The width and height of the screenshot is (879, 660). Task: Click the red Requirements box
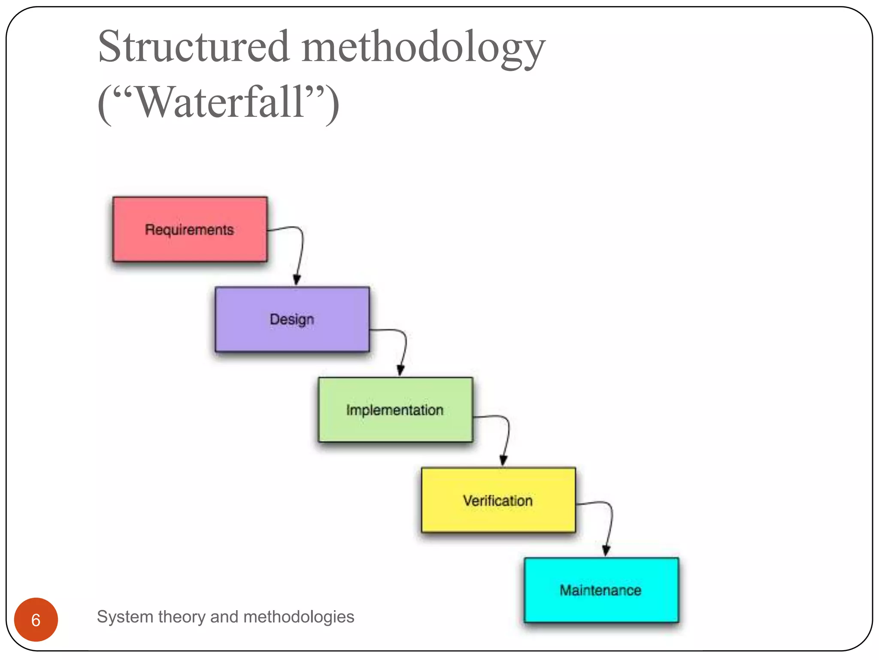[190, 229]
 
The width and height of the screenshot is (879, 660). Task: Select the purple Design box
[292, 319]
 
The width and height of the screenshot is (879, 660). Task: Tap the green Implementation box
[395, 409]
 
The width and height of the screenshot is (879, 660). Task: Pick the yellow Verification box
[498, 500]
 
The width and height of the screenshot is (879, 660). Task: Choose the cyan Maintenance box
[601, 590]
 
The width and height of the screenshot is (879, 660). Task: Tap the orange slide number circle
[36, 620]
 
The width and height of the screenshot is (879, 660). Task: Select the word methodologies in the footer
[299, 617]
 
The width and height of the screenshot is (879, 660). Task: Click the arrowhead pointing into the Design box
[297, 280]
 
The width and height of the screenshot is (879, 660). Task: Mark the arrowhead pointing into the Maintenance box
[606, 550]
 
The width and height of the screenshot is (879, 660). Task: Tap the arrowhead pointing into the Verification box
[503, 460]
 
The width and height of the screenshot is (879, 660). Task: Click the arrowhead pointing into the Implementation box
[400, 370]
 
